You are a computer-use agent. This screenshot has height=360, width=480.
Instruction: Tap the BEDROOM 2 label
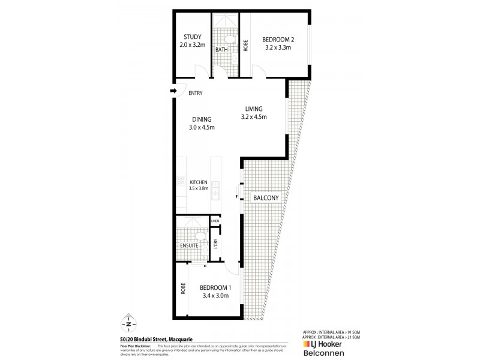coord(277,40)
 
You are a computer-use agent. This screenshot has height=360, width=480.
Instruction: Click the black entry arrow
coord(174,91)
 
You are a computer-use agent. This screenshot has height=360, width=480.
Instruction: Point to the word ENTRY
coord(195,93)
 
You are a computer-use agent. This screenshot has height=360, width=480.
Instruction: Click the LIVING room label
coord(254,109)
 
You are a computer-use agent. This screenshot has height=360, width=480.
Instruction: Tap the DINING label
coord(202,119)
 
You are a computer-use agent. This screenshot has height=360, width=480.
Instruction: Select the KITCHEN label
coord(199,182)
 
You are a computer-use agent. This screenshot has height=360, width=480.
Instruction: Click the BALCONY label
coord(265,197)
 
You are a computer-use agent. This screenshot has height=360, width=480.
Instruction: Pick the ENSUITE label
coord(190,246)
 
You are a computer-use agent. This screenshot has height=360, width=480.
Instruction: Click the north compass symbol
coord(129,323)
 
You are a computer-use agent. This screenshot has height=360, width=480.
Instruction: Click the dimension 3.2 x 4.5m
coord(253,117)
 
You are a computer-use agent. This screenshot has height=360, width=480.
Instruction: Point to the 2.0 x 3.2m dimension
coord(192,44)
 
